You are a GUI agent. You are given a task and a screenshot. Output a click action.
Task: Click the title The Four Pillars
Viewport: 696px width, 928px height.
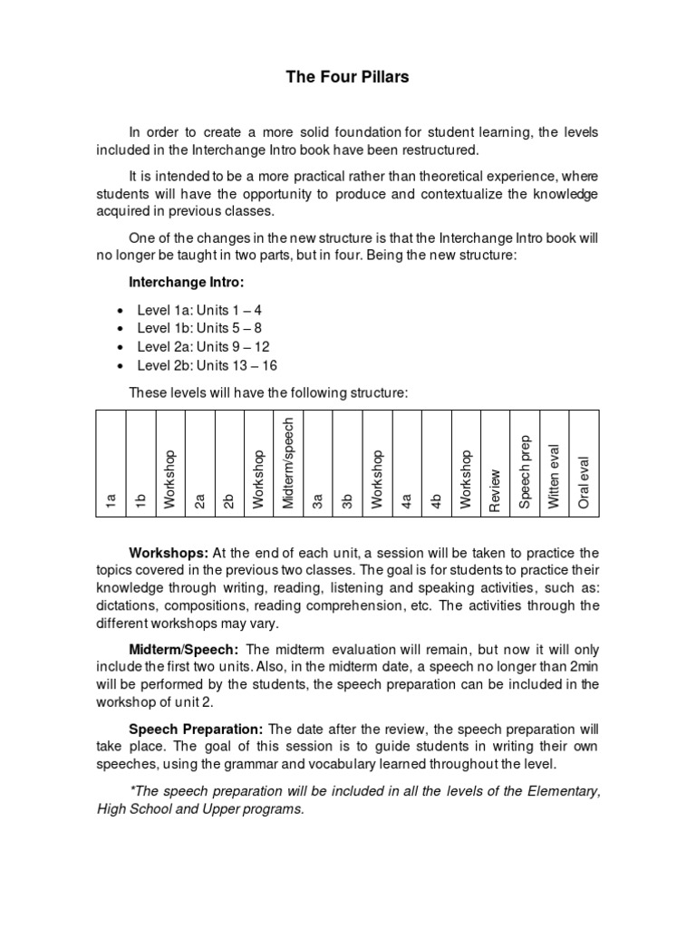347,77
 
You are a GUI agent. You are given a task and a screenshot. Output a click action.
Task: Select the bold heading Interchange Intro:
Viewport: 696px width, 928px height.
187,283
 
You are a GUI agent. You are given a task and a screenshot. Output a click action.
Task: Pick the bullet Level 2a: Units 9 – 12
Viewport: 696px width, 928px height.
203,347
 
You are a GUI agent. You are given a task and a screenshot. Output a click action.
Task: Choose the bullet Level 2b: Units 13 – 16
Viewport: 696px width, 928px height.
207,366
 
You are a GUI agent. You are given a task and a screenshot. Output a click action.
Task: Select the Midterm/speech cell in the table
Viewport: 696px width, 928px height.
288,463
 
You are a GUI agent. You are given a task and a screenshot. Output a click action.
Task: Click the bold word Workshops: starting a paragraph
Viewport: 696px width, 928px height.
169,553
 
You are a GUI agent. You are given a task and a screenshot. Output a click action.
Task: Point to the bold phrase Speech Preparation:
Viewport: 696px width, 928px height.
197,729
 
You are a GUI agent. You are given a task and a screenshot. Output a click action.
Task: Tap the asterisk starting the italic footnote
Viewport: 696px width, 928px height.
131,791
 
